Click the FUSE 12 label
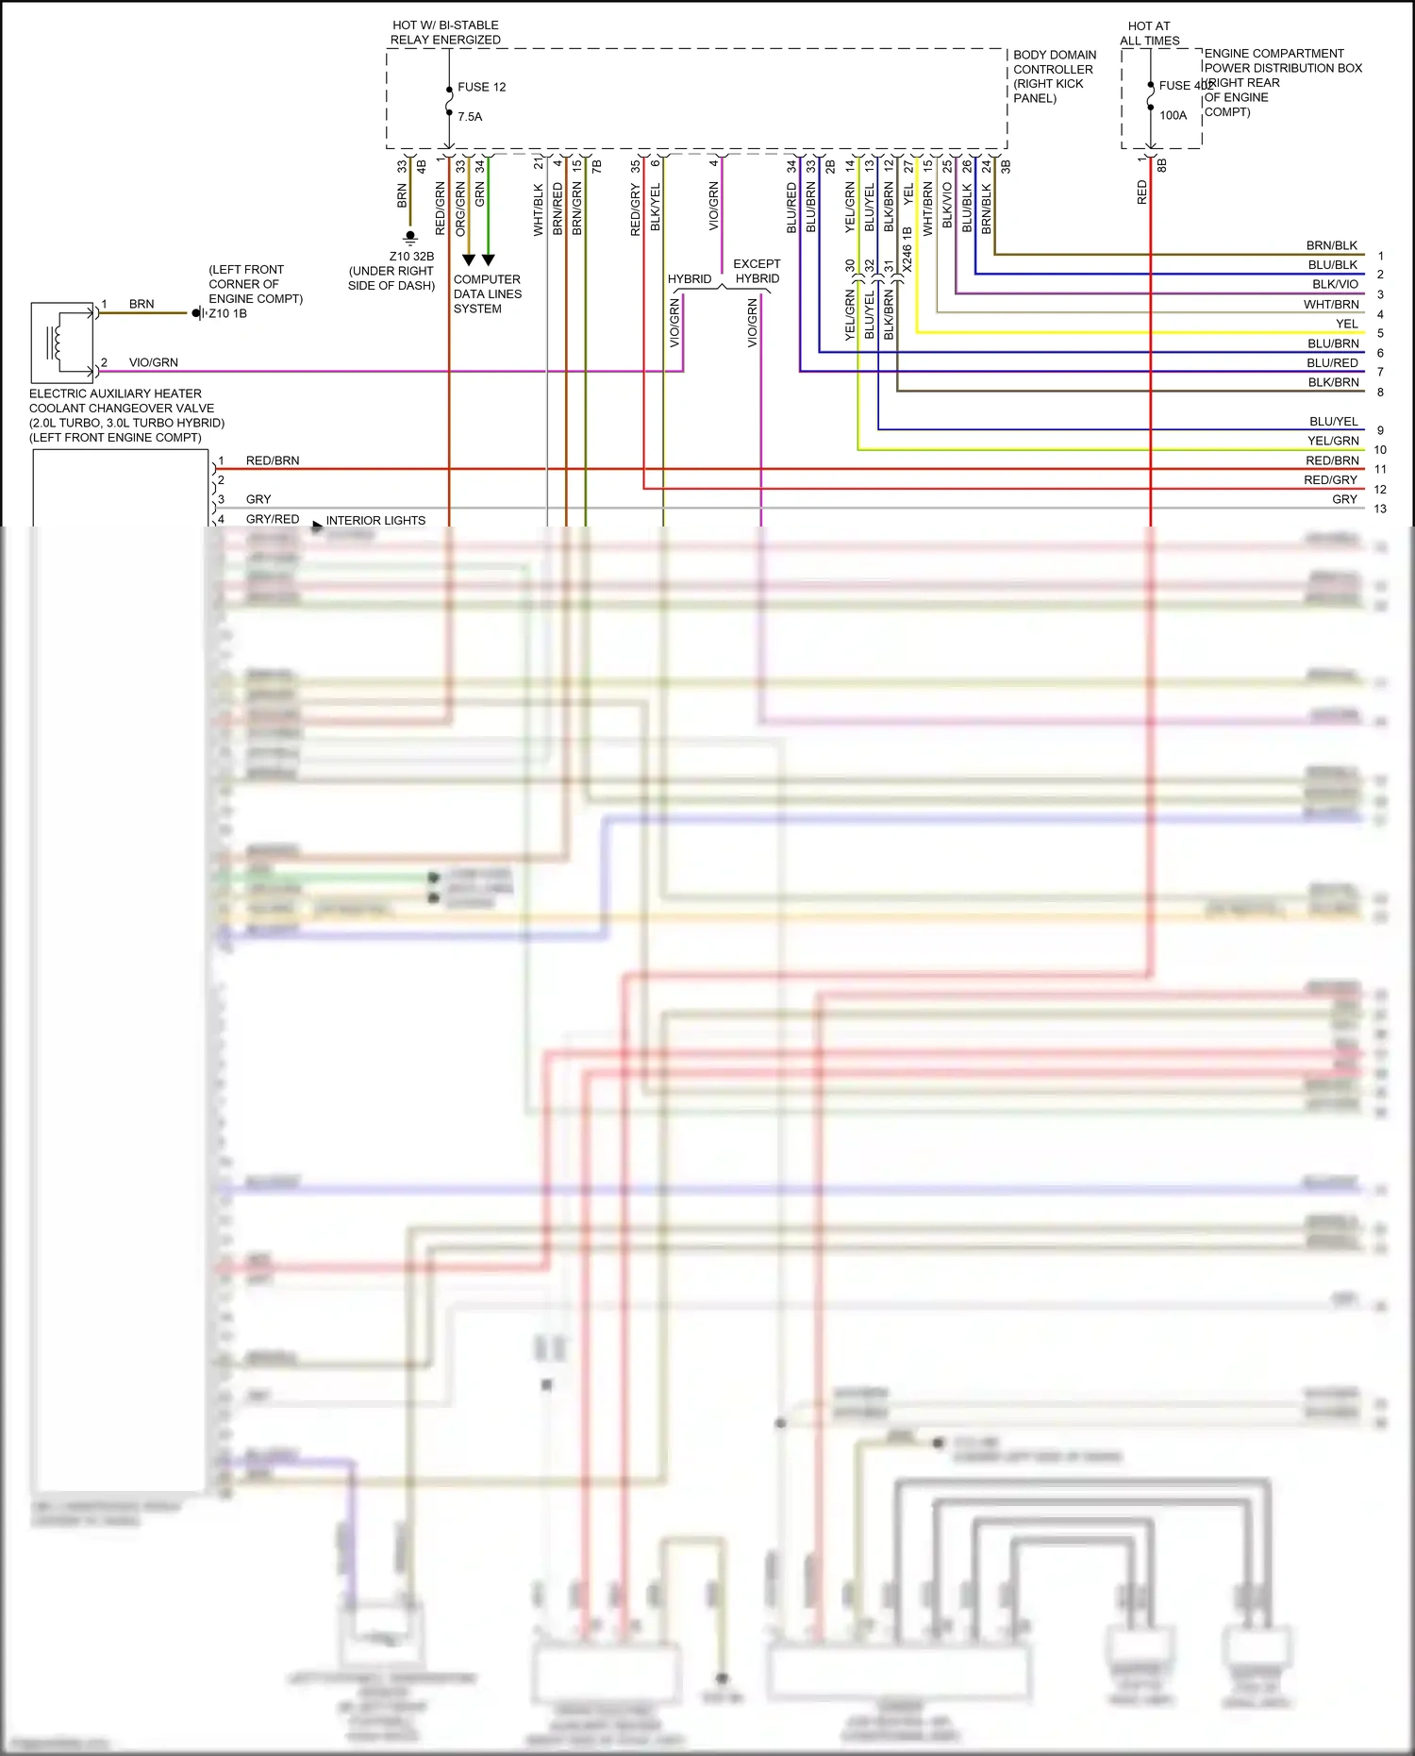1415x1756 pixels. [x=481, y=87]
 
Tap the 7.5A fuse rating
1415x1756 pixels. [x=470, y=117]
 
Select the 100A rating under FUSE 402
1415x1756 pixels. [x=1173, y=115]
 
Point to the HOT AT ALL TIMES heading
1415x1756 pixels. [x=1149, y=33]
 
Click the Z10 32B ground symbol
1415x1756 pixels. [x=409, y=237]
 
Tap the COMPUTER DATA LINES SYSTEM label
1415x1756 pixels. [x=487, y=293]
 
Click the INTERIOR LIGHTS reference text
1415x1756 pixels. [x=375, y=520]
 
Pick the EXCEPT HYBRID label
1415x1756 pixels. [x=757, y=271]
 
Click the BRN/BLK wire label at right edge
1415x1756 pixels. [x=1331, y=245]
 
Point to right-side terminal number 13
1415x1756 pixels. [x=1380, y=509]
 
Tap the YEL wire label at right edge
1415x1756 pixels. [x=1346, y=324]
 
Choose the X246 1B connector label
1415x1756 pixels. [x=907, y=249]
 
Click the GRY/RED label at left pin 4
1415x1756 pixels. [x=273, y=519]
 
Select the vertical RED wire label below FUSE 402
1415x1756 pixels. [x=1141, y=193]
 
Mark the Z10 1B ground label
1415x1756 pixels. [x=227, y=313]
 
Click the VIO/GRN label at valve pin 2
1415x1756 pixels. [x=153, y=362]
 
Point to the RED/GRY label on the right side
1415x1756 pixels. [x=1330, y=479]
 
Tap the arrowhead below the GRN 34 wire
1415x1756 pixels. [x=488, y=259]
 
